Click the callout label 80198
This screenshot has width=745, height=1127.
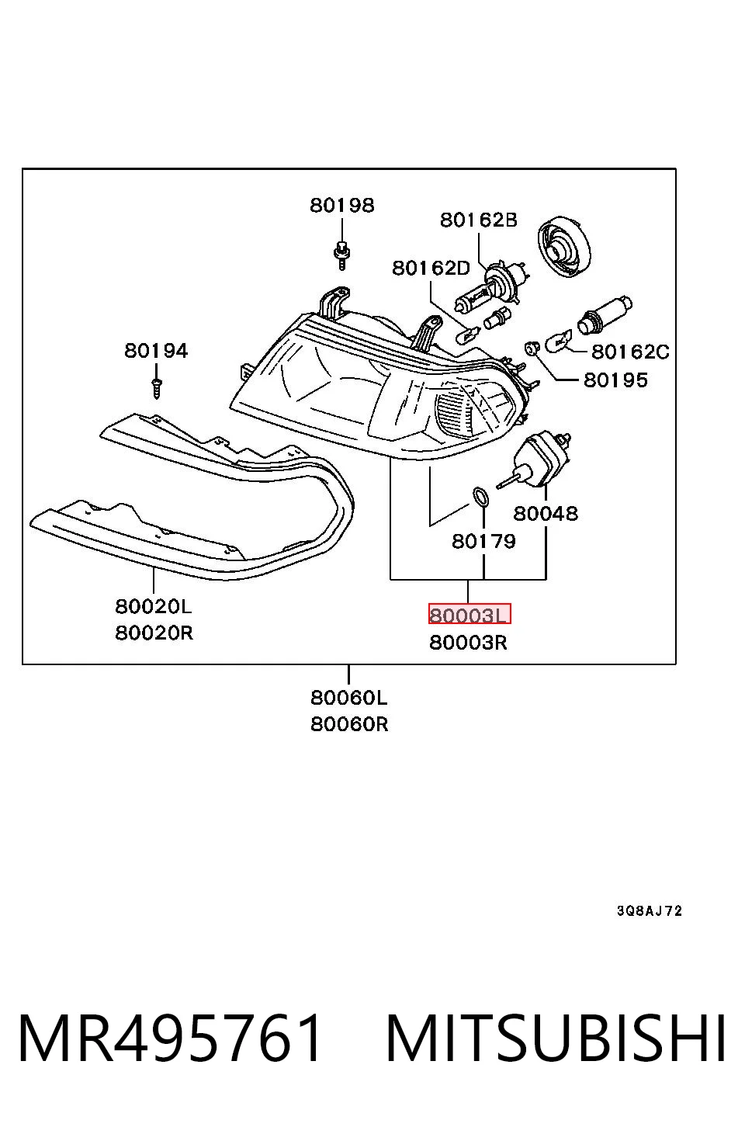[342, 205]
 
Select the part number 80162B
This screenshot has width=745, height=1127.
[479, 220]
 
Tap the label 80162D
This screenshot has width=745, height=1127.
[431, 268]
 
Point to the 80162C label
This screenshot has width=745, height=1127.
[630, 352]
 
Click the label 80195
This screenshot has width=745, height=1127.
[615, 380]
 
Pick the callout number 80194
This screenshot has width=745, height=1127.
[157, 351]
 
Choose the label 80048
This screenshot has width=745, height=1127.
[546, 514]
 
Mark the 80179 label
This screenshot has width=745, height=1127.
[484, 541]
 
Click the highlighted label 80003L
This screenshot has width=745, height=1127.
[470, 614]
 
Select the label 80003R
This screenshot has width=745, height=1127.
[468, 643]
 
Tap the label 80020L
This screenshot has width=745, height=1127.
[154, 607]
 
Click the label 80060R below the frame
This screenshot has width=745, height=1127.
[349, 724]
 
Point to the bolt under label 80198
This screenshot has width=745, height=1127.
[342, 255]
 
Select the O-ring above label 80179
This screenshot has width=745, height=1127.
[481, 497]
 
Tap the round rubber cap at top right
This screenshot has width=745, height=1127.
[564, 247]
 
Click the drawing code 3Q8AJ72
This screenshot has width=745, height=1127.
[650, 911]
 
